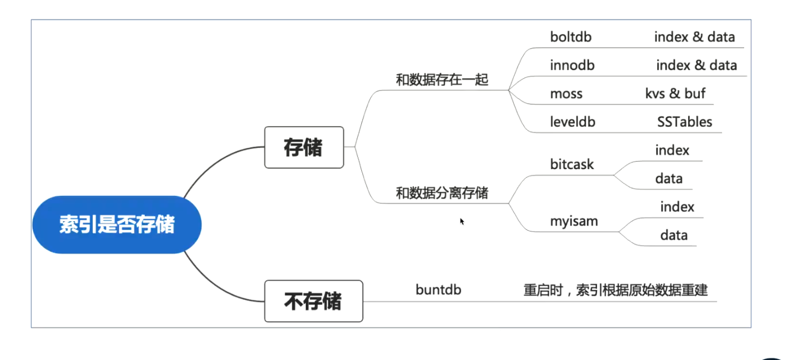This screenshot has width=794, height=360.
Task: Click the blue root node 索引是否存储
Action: point(117,224)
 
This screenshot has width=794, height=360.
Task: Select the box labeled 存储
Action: point(304,147)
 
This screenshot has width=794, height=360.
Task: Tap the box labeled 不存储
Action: point(313,301)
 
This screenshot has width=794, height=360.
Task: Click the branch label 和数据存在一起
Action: point(442,80)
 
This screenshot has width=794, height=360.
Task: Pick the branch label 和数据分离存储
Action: point(442,193)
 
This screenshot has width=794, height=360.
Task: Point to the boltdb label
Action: point(571,37)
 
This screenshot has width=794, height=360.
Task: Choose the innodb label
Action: point(572,65)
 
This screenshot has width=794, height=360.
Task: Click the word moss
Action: point(566,94)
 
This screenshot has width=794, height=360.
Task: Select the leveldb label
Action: point(573,122)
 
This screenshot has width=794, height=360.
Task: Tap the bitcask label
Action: point(572,164)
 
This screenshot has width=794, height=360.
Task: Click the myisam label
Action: point(574,222)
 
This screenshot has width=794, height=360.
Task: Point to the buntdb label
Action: point(438,290)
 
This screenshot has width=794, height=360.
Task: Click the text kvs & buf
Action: point(675,94)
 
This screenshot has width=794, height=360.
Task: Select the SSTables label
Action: point(684,122)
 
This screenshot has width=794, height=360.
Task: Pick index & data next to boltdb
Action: point(694,37)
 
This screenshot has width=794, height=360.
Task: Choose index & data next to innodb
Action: point(696,65)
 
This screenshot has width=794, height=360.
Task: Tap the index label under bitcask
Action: point(672,150)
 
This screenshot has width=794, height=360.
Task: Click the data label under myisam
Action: point(674,235)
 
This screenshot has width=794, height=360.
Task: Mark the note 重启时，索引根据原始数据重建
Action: point(616,290)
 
